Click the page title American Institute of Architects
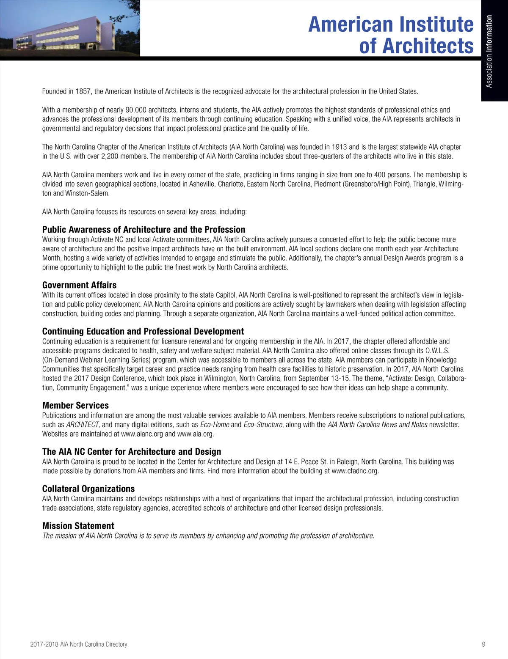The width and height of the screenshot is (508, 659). pyautogui.click(x=391, y=35)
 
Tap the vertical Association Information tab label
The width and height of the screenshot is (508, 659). pyautogui.click(x=489, y=51)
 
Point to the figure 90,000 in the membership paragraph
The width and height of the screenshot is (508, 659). pyautogui.click(x=136, y=110)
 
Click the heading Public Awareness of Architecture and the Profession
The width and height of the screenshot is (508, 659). pyautogui.click(x=144, y=230)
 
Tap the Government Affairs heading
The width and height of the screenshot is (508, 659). pyautogui.click(x=79, y=285)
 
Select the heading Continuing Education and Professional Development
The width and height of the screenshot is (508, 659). pyautogui.click(x=143, y=331)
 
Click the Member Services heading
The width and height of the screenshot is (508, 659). pyautogui.click(x=75, y=405)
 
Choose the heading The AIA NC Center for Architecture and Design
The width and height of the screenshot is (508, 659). pyautogui.click(x=132, y=452)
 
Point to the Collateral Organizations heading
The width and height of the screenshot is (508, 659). pyautogui.click(x=88, y=489)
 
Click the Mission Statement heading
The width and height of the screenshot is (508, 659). pyautogui.click(x=78, y=526)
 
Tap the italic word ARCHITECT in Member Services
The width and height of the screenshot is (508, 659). pyautogui.click(x=82, y=425)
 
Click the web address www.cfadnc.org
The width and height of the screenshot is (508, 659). pyautogui.click(x=355, y=471)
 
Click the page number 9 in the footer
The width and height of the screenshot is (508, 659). pyautogui.click(x=483, y=644)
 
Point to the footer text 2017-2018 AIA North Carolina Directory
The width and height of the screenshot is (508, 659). pyautogui.click(x=79, y=644)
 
